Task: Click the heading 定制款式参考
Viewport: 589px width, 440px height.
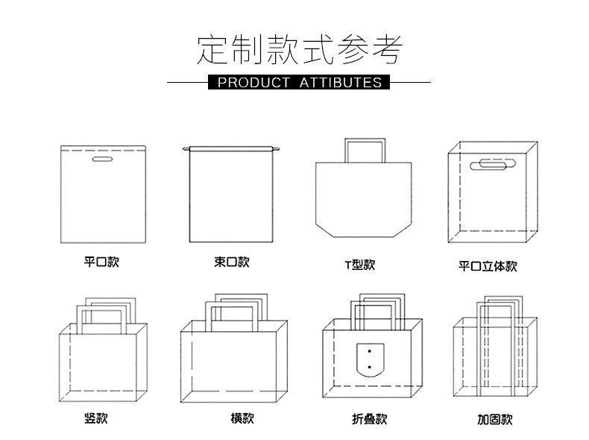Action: click(299, 50)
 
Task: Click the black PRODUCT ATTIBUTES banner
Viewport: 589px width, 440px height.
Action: click(299, 82)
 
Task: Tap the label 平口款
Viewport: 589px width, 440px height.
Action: click(101, 262)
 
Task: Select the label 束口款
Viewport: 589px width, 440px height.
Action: click(231, 262)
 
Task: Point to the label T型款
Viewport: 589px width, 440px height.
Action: click(359, 265)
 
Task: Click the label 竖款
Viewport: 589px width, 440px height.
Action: click(95, 418)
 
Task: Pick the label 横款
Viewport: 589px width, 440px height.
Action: click(242, 418)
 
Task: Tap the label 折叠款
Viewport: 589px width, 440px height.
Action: click(369, 418)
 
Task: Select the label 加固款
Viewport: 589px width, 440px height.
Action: click(494, 419)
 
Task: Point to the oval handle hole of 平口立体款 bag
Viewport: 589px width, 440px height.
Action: click(494, 164)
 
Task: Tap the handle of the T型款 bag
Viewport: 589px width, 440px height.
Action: click(364, 149)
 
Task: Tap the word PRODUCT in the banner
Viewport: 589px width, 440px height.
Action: click(253, 82)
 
